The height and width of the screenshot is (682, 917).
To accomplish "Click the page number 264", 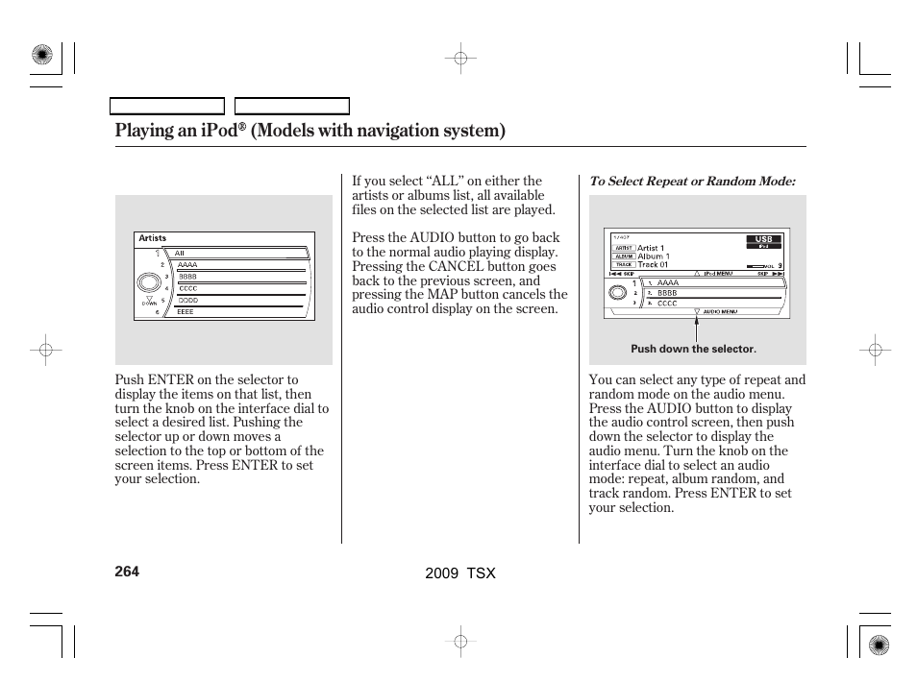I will [x=127, y=572].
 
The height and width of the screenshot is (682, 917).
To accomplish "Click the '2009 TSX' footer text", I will [x=459, y=572].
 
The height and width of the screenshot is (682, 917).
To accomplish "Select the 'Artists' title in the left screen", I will [x=153, y=238].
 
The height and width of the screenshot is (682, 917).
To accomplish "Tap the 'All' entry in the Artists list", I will [x=180, y=254].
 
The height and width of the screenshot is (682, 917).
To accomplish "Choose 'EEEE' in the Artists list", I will [x=186, y=312].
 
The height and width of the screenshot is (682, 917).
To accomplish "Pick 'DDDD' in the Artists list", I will [x=187, y=300].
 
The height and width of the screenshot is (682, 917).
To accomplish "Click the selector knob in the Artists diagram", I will [x=148, y=282].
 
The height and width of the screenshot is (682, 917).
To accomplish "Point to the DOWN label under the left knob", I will [x=149, y=303].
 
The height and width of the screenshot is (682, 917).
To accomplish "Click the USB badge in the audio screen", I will [x=764, y=239].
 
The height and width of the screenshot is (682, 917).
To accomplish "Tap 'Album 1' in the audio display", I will [x=654, y=256].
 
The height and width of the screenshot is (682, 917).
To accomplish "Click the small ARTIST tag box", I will [x=622, y=248].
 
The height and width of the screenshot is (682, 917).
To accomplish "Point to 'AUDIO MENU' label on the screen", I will [x=720, y=311].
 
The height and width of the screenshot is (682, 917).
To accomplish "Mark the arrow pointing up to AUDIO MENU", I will [x=696, y=329].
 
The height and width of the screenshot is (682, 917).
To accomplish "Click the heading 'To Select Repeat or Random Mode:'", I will [x=692, y=182].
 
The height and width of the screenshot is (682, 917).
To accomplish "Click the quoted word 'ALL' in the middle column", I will [x=446, y=181].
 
